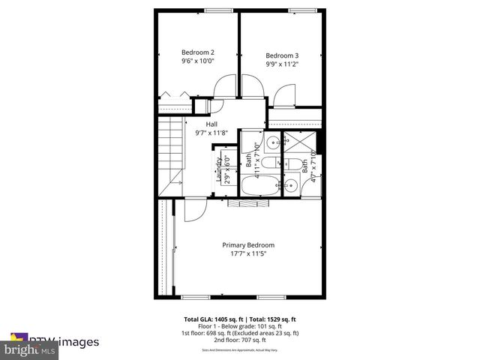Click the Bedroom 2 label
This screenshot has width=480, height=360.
(197, 52)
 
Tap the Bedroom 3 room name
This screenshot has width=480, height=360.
(282, 55)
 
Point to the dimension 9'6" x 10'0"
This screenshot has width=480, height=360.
(198, 61)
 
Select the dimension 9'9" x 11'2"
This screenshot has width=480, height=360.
(282, 64)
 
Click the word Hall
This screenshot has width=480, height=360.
(212, 124)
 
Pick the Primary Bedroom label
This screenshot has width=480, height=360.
(248, 244)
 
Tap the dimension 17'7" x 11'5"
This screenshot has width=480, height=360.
(248, 254)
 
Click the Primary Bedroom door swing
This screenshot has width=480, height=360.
(193, 209)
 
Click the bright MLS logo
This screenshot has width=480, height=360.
(30, 349)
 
